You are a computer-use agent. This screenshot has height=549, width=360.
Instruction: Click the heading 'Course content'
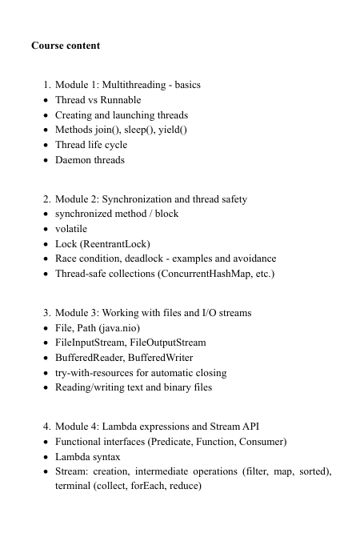[x=66, y=46]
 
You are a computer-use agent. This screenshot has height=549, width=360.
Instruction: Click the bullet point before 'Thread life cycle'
[x=44, y=145]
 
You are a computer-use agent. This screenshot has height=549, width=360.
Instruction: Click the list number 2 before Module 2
[x=46, y=198]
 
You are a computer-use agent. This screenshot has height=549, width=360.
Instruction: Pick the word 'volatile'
[x=71, y=228]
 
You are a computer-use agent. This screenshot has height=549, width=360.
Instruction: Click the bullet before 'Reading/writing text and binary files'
[x=44, y=387]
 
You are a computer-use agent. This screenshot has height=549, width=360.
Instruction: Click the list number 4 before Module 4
[x=46, y=426]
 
